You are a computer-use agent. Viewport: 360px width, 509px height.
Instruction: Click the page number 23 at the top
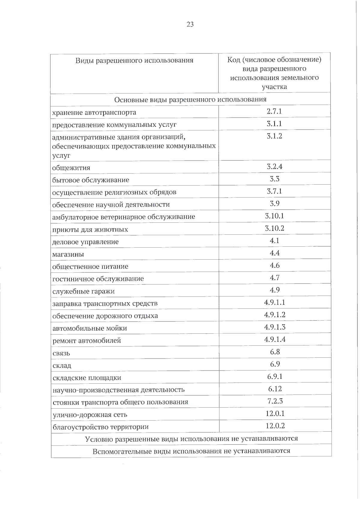[190, 25]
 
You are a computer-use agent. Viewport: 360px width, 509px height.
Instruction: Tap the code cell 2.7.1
[274, 112]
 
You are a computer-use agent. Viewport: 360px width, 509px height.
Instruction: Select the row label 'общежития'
[71, 168]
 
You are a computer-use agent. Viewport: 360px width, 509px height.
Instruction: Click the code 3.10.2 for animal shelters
[274, 228]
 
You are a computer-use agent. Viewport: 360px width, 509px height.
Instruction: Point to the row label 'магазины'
[68, 255]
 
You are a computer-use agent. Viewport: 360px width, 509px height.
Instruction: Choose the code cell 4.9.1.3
[274, 327]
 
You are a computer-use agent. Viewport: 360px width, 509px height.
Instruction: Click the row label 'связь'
[61, 353]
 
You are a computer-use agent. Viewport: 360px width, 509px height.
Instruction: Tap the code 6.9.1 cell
[275, 377]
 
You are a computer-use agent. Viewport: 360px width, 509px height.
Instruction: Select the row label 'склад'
[62, 366]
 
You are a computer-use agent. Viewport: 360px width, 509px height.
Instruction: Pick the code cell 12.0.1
[275, 414]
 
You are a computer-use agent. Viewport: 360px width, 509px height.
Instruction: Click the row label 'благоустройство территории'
[100, 427]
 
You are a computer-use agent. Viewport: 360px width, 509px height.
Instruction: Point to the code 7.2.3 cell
[275, 401]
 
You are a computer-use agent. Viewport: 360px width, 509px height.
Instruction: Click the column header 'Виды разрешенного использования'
[134, 61]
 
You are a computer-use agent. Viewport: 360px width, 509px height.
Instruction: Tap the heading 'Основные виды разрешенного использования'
[190, 99]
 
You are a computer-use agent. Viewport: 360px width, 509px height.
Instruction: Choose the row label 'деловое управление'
[85, 242]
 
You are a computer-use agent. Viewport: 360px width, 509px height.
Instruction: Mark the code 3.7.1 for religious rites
[274, 191]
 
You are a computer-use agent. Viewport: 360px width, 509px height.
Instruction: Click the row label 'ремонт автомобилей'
[87, 341]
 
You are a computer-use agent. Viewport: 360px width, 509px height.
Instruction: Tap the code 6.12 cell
[275, 389]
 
